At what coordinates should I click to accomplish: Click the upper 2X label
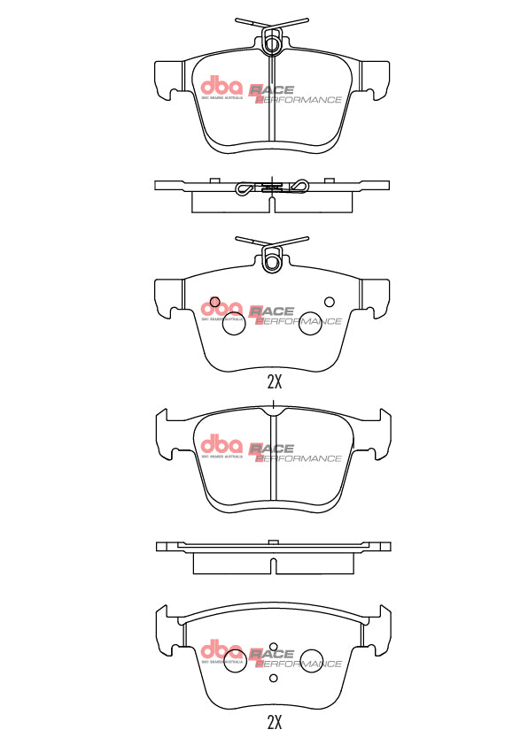point(274,382)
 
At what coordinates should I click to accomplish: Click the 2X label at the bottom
point(274,721)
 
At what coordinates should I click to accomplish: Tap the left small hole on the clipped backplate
point(214,301)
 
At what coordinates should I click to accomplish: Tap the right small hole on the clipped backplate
point(330,301)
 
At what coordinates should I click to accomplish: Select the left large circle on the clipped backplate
point(233,325)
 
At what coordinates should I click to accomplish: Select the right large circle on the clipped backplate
point(309,325)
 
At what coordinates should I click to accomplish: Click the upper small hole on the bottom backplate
point(274,647)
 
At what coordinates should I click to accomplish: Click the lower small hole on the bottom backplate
point(274,679)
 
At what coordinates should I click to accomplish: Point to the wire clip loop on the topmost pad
point(273,40)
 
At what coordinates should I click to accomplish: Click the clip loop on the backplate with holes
point(273,260)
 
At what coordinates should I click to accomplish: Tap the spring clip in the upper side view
point(273,187)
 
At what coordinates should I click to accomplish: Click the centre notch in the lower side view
point(274,542)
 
